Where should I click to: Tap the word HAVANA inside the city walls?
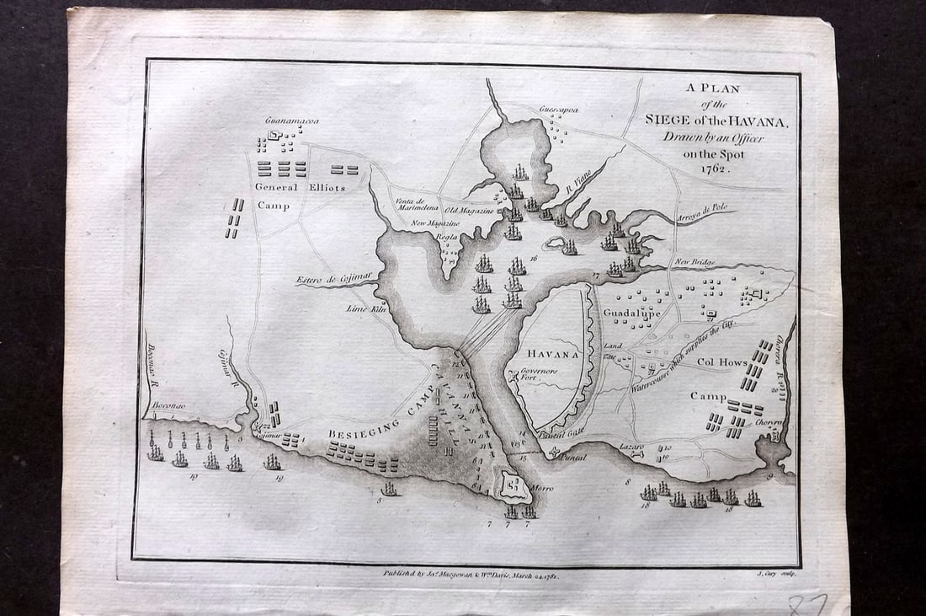point(552,354)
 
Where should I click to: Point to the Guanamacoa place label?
point(292,121)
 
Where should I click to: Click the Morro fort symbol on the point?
point(513,485)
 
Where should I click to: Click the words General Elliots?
point(300,187)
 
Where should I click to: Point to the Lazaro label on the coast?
point(631,446)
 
